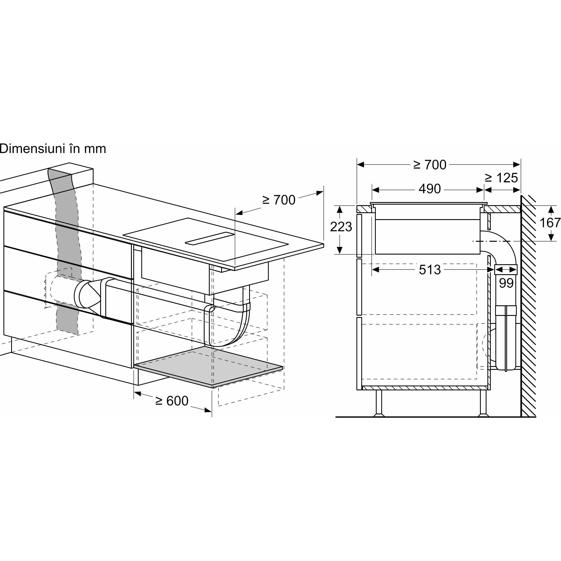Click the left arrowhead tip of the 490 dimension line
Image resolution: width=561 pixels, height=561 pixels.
click(372, 190)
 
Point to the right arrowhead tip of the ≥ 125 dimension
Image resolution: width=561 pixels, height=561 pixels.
click(520, 190)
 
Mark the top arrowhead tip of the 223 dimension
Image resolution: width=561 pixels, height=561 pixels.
click(339, 205)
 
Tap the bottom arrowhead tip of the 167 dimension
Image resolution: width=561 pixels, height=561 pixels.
click(550, 241)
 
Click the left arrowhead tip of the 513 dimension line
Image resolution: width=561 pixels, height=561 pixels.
click(372, 270)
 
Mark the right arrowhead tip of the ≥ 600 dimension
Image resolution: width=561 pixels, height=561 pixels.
click(212, 411)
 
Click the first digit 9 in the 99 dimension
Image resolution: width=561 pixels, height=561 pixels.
click(503, 283)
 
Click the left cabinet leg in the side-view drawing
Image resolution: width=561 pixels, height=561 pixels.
click(379, 403)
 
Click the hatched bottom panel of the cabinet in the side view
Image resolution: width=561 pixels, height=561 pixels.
click(426, 388)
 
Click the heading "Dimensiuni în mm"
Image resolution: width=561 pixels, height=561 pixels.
click(53, 149)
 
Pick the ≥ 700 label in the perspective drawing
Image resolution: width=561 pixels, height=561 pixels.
click(279, 200)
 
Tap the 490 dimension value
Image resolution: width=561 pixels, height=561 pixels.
click(430, 189)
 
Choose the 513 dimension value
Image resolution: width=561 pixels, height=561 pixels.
click(430, 270)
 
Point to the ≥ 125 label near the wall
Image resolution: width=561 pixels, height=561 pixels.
click(501, 178)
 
